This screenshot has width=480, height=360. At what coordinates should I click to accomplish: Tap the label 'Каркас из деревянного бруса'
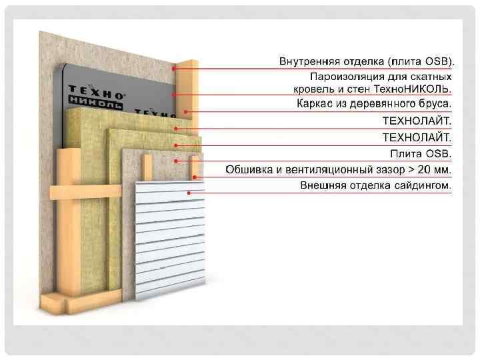click(x=373, y=104)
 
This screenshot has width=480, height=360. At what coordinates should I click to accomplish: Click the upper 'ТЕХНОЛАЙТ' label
click(x=417, y=121)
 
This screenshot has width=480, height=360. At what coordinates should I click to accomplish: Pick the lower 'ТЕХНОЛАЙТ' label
click(x=417, y=138)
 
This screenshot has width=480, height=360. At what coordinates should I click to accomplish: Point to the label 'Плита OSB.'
click(x=421, y=154)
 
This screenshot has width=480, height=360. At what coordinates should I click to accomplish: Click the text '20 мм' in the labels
click(x=430, y=170)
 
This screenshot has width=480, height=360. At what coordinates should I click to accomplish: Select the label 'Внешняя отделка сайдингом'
click(x=375, y=186)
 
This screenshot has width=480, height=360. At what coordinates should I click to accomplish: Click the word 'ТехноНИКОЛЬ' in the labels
click(x=417, y=89)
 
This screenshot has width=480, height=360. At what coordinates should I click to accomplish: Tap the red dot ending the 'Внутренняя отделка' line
click(x=174, y=68)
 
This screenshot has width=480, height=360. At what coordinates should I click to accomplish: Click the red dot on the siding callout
click(x=189, y=193)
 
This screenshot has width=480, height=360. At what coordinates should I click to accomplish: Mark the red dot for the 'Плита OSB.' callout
click(x=175, y=161)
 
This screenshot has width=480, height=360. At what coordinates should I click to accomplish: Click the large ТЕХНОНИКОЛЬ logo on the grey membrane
click(x=97, y=97)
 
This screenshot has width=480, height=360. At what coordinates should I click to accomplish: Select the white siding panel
click(x=170, y=233)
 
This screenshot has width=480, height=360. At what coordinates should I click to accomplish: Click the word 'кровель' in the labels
click(x=313, y=89)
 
